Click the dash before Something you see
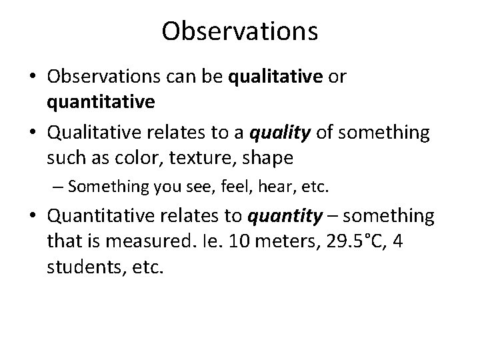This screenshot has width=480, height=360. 58,187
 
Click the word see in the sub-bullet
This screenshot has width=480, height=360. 169,187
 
